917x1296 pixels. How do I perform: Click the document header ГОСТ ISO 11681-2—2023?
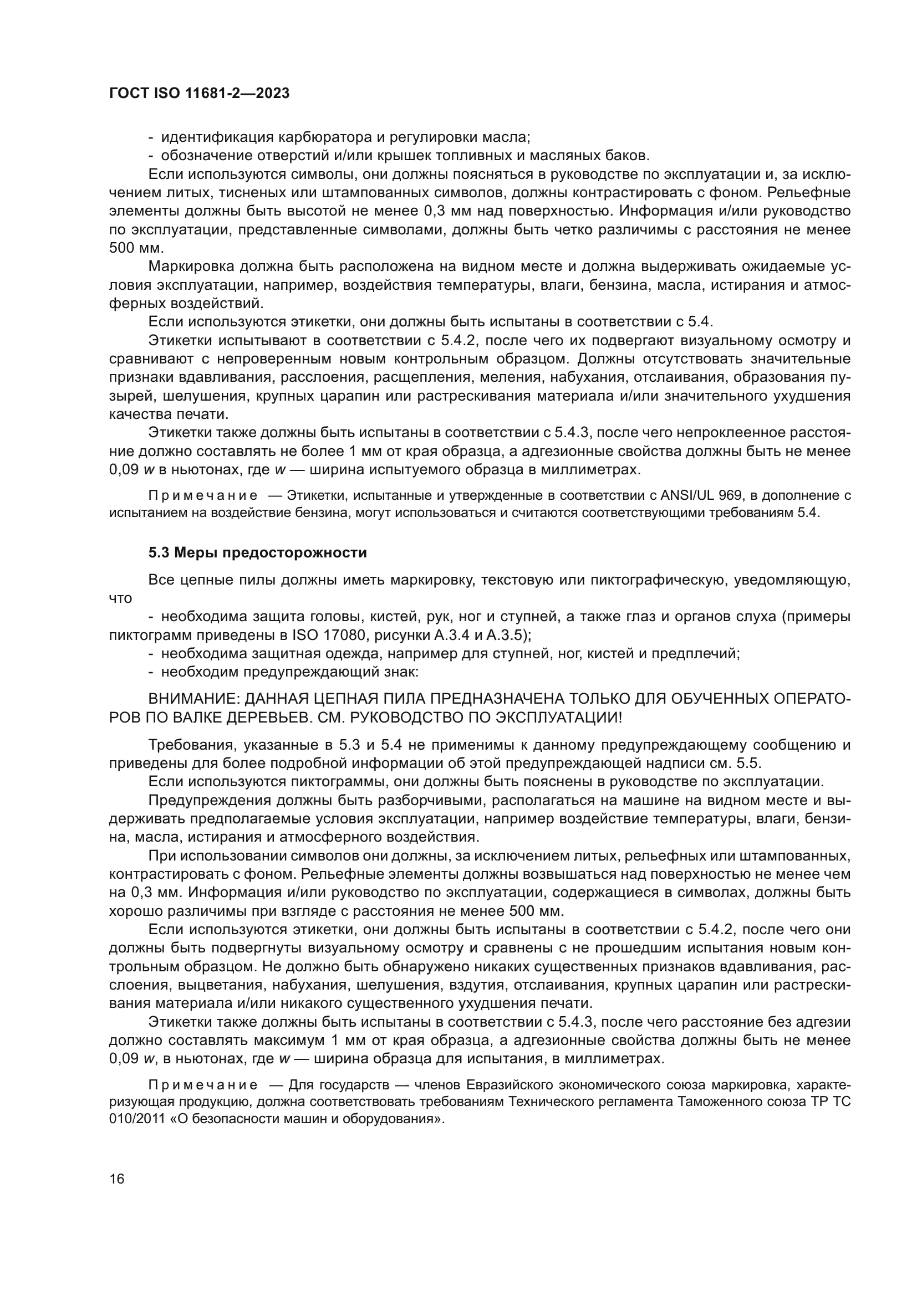point(199,94)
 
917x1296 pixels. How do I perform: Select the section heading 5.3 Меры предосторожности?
point(257,552)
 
